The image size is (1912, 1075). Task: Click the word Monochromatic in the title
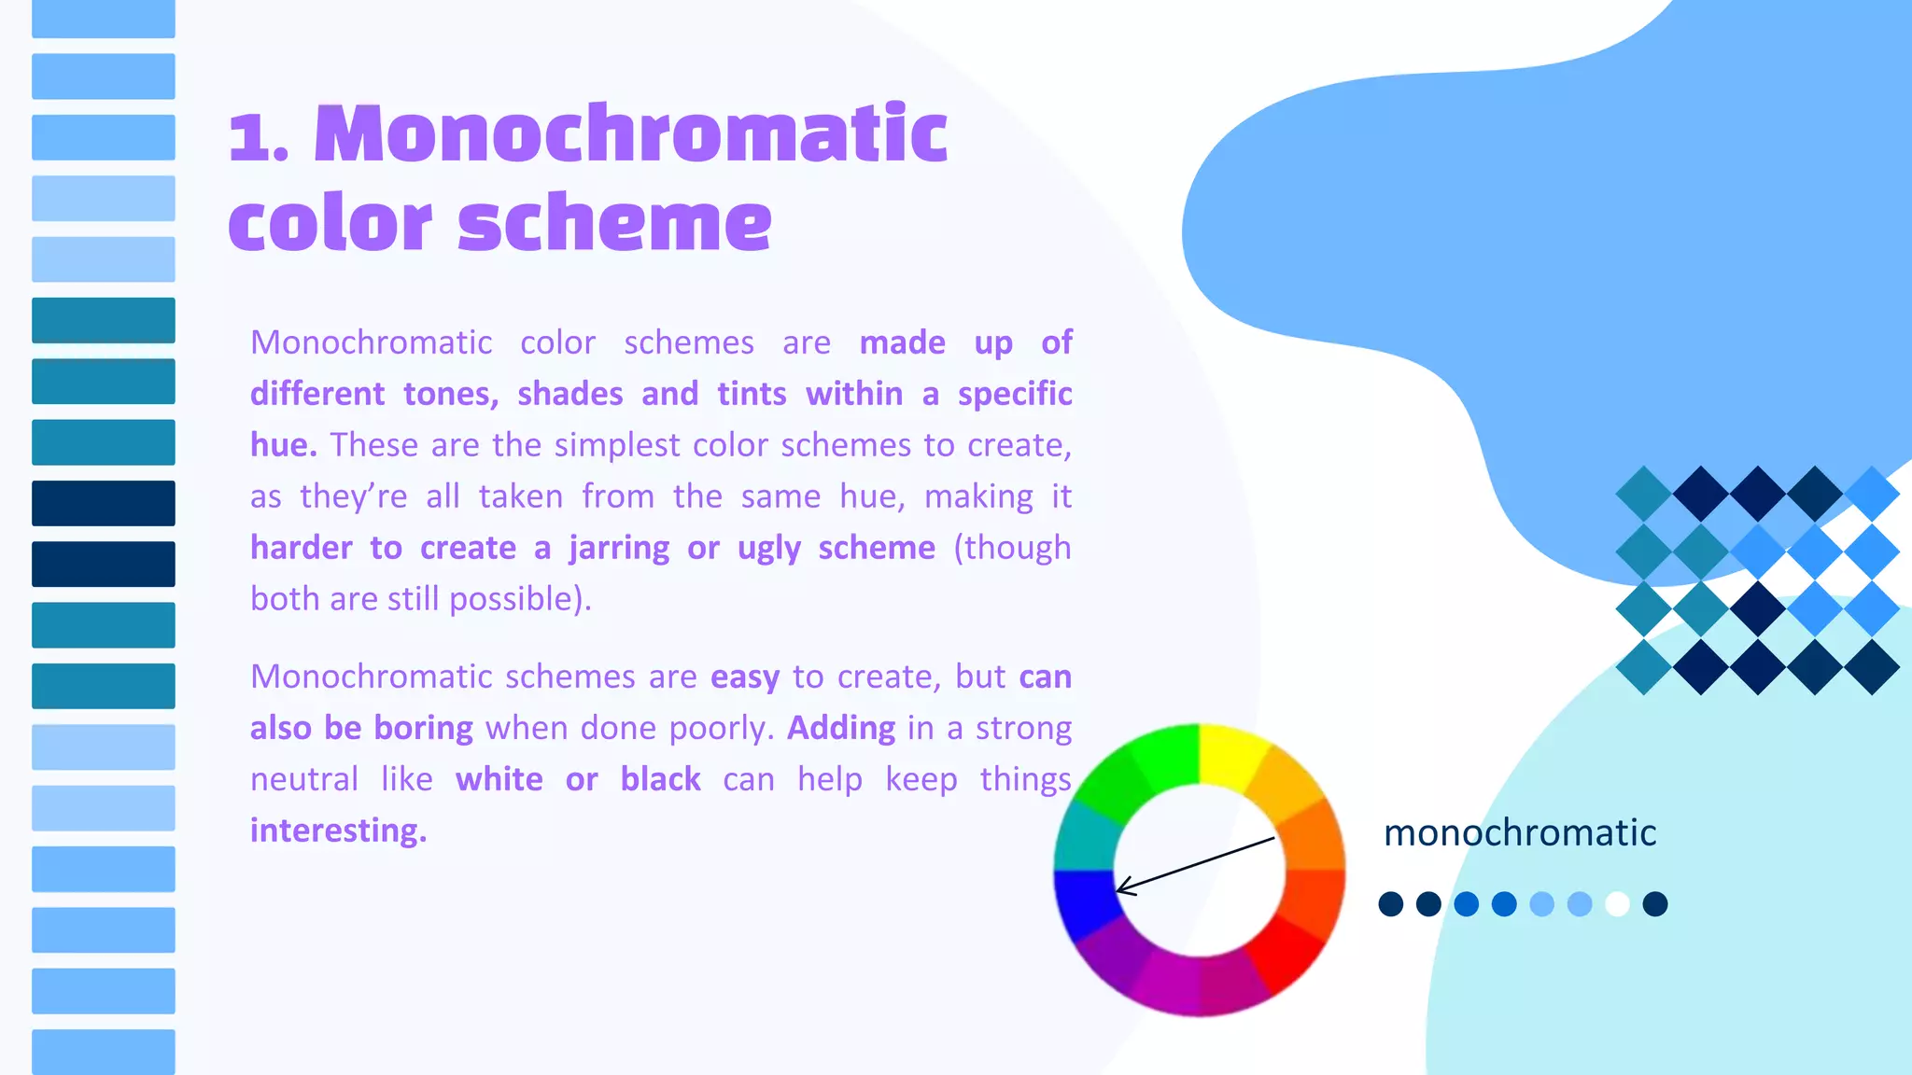[630, 135]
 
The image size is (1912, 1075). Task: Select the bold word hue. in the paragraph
[283, 445]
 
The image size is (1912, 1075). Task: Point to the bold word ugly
[768, 548]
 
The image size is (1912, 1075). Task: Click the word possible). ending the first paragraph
[520, 599]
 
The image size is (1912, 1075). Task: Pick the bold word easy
[744, 677]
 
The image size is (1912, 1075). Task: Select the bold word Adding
[841, 728]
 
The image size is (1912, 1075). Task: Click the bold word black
[660, 779]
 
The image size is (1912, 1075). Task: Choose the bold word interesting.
[338, 831]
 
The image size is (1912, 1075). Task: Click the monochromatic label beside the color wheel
[1519, 832]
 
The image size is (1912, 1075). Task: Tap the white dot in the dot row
[1617, 904]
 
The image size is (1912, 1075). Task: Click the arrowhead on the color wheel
[1122, 887]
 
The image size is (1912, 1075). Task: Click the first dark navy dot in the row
[1391, 904]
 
